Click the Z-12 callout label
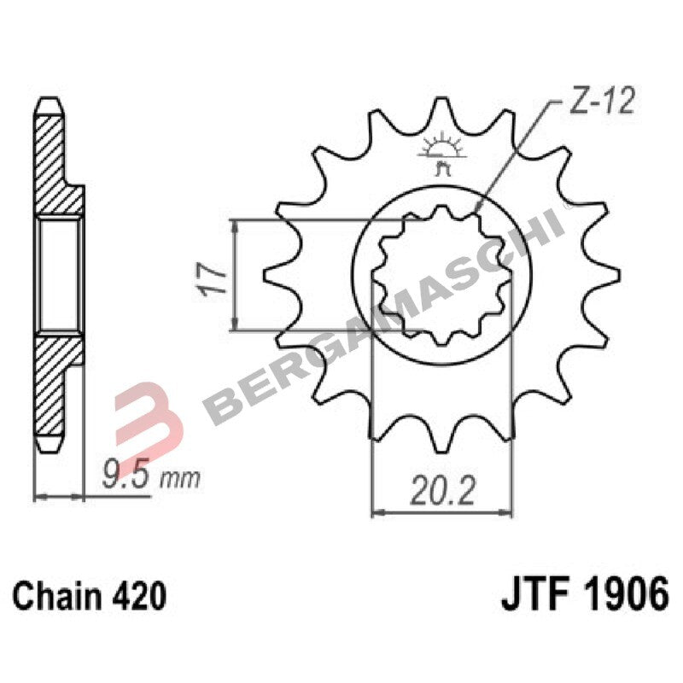click(x=601, y=104)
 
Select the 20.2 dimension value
click(x=442, y=493)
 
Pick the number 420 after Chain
click(x=137, y=596)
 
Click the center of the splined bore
click(x=442, y=274)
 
